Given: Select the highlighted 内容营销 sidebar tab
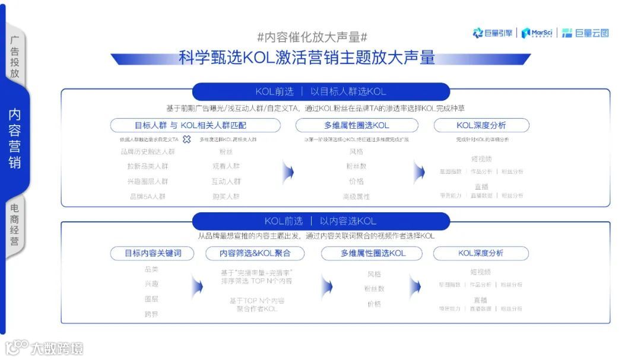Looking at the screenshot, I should pos(15,138).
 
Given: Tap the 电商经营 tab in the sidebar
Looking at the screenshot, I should pos(15,224).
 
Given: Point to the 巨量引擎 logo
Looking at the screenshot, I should pos(493,33).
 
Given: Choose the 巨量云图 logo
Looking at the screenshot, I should pos(585,33).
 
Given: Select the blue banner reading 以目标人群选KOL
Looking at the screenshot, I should pos(320,91).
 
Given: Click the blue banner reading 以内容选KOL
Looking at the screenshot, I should pos(320,221).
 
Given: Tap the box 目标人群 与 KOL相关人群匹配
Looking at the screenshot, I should pos(195,125).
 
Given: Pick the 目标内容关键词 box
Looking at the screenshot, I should pos(153,253).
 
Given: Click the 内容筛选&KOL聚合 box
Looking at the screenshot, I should pos(255,253).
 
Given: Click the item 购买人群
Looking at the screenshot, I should pos(226,196).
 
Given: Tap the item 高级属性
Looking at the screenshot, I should pos(356,196).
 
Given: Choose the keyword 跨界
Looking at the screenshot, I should pos(151,314).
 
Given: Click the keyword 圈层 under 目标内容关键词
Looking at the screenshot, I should pos(151,299).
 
